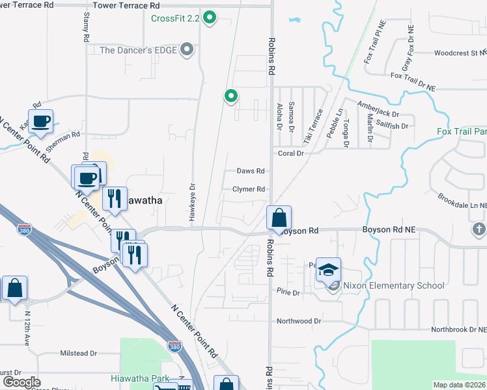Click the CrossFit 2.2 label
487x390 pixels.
point(174,18)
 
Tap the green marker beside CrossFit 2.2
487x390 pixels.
point(210,18)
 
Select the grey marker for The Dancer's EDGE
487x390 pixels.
point(188,49)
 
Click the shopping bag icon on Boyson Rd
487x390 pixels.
point(279,218)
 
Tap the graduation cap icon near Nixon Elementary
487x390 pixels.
point(329,270)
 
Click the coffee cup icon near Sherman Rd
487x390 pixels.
point(40,121)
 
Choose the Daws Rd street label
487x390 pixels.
point(251,171)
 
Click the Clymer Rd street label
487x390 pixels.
point(249,189)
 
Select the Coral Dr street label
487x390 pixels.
point(291,153)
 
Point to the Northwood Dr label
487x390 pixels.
point(299,321)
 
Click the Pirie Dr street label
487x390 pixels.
point(288,292)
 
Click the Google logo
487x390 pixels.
point(21,382)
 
